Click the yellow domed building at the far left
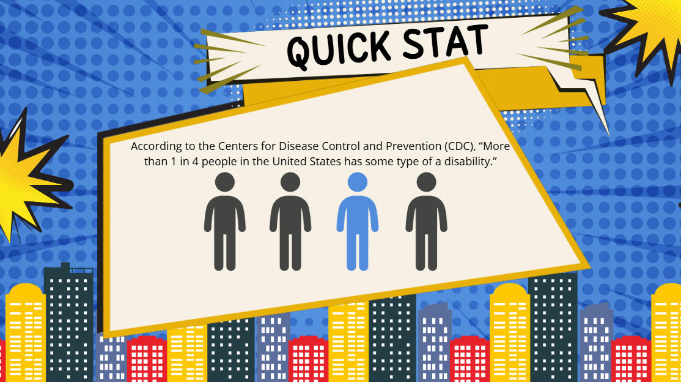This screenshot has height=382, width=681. point(25,331)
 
